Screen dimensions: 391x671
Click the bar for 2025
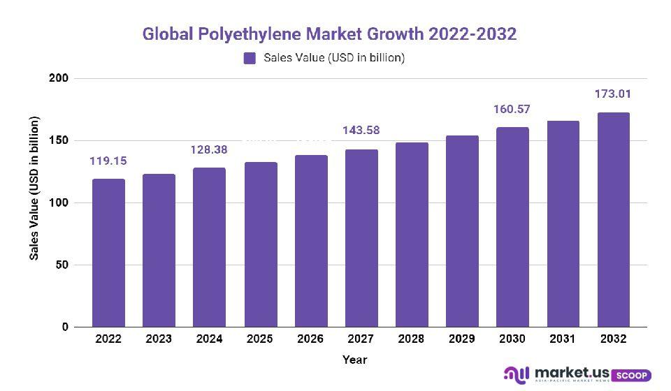[x=260, y=244]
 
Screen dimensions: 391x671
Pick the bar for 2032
[x=613, y=220]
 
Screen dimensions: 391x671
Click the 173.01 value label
[x=613, y=93]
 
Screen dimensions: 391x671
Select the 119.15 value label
[x=108, y=161]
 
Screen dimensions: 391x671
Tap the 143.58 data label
[x=361, y=131]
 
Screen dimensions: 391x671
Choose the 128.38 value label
[x=210, y=149]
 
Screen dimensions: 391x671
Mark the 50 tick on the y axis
[x=62, y=265]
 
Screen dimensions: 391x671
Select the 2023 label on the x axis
[x=159, y=339]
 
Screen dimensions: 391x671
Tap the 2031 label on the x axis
[x=563, y=339]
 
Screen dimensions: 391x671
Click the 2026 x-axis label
[x=310, y=339]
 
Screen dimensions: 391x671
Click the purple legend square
[x=250, y=58]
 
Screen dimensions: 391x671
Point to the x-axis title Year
[x=354, y=360]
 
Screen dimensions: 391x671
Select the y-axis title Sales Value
[x=34, y=189]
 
